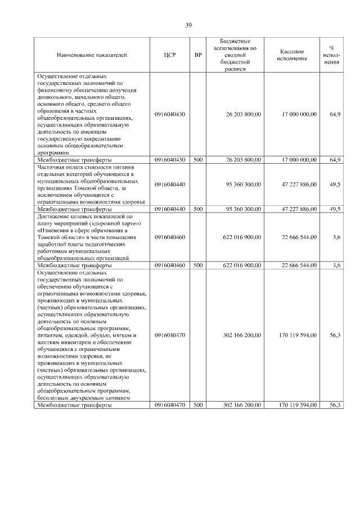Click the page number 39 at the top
188,25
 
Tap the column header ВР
197,55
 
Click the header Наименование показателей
92,55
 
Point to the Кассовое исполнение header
292,55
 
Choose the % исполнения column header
331,55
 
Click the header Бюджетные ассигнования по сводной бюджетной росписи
236,55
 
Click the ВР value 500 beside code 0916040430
197,160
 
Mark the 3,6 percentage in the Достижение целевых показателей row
336,237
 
